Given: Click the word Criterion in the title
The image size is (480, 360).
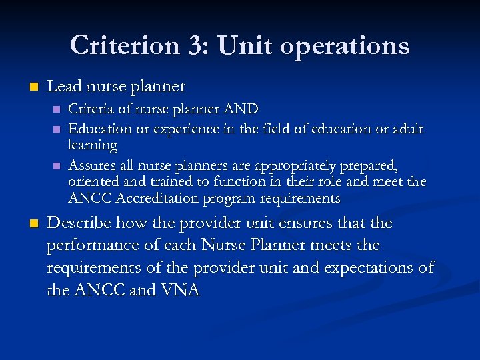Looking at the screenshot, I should (x=123, y=45).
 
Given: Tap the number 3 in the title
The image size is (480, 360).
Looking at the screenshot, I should (x=197, y=45).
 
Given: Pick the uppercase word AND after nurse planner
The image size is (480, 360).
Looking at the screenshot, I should (x=241, y=109).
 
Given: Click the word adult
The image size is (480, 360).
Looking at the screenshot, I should (x=407, y=128).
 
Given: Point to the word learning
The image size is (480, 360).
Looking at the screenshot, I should (x=93, y=145).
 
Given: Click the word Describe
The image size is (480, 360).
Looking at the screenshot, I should (x=80, y=223).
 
